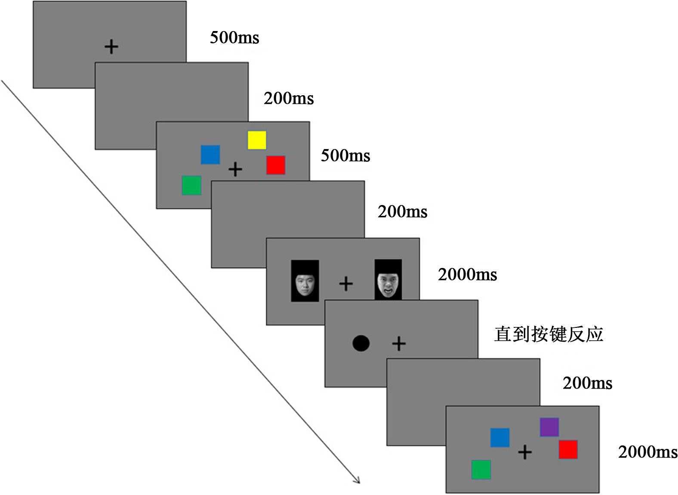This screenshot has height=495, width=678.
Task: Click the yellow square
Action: point(257,140)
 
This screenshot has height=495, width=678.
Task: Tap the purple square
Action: point(549,427)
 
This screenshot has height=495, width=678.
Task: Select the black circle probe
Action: point(361,343)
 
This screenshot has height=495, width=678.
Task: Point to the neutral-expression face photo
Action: point(305,281)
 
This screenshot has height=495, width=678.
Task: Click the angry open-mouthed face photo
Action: point(388,280)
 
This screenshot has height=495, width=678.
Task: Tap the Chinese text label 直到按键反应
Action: point(549,334)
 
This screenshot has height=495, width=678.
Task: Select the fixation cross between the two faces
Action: point(346,284)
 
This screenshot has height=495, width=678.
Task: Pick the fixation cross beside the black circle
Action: point(399,343)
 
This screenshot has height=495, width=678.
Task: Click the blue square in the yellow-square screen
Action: point(210,155)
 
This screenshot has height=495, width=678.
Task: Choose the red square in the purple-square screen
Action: point(568,449)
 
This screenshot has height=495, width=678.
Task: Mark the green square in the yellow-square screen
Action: point(191,185)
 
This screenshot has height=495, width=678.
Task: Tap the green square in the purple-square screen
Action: point(481,470)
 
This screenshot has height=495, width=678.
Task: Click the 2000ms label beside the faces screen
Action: point(467,275)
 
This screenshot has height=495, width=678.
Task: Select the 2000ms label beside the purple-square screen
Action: point(647,452)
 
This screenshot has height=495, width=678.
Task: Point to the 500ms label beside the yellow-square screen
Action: point(345,156)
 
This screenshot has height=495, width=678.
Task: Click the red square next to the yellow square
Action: point(276,165)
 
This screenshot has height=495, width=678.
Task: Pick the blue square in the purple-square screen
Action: point(500,437)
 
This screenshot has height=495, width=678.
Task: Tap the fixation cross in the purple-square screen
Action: point(525,452)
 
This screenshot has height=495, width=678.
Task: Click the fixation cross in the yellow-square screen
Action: point(235,169)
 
